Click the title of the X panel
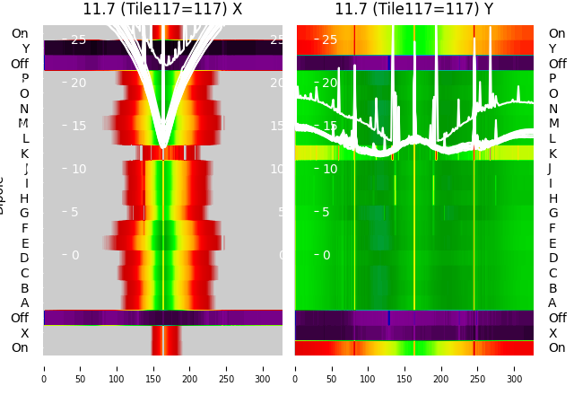point(162,9)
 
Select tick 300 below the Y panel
point(515,368)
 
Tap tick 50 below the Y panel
point(332,368)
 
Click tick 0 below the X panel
point(44,368)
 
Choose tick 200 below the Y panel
point(441,368)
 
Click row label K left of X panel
point(25,154)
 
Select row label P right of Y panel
point(552,78)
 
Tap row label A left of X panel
point(25,303)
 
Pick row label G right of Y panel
point(552,213)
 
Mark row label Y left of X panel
point(25,48)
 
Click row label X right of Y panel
point(552,333)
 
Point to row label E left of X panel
point(25,243)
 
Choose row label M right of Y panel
point(553,123)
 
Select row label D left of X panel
point(25,258)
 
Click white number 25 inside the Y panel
point(329,39)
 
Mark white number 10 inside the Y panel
point(329,169)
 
